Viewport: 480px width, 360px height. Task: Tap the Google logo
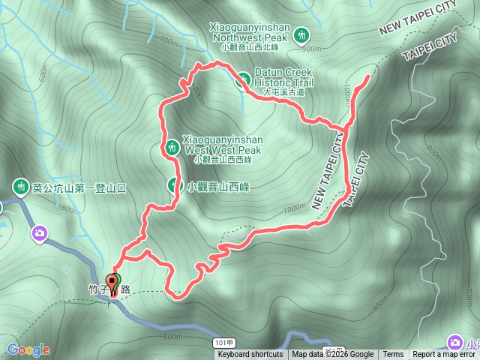pyautogui.click(x=28, y=349)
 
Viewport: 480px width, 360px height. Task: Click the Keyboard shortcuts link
pyautogui.click(x=250, y=355)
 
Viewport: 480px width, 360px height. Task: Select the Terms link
pyautogui.click(x=393, y=355)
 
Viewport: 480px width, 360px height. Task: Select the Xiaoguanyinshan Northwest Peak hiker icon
pyautogui.click(x=301, y=34)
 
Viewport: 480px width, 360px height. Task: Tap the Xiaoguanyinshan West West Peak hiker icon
pyautogui.click(x=172, y=148)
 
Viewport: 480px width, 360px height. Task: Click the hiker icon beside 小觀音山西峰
pyautogui.click(x=173, y=184)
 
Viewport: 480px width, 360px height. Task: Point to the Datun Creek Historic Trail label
pyautogui.click(x=283, y=78)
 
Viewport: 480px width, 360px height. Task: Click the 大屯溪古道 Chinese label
pyautogui.click(x=283, y=92)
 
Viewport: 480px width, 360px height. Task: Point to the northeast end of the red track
pyautogui.click(x=367, y=76)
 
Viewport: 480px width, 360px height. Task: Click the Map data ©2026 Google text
pyautogui.click(x=333, y=355)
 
